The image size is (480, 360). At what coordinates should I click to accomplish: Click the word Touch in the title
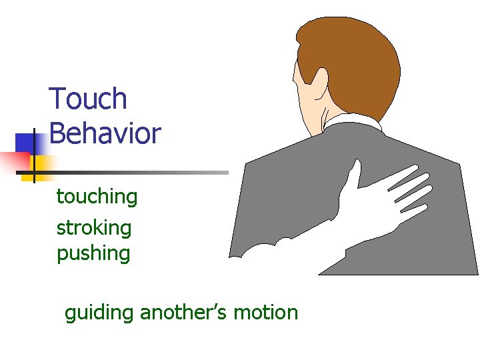tap(88, 99)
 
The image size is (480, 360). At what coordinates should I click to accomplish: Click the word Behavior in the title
tap(105, 133)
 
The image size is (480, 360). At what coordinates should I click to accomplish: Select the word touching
tap(97, 197)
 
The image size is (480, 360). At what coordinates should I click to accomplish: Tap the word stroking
tap(94, 228)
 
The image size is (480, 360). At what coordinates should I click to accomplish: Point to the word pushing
tap(93, 254)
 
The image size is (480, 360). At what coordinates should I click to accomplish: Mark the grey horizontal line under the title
tap(133, 173)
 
